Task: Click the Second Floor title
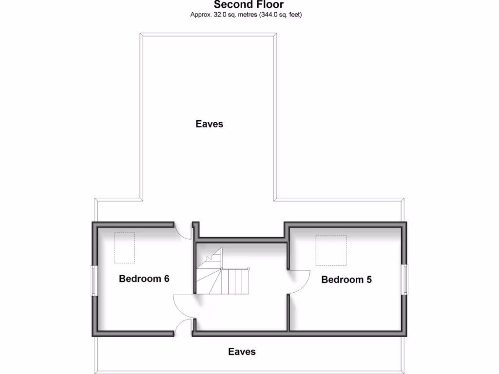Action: (x=249, y=4)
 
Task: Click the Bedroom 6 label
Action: (x=144, y=279)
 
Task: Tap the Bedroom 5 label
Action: (x=346, y=280)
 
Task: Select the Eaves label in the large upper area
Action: (x=210, y=124)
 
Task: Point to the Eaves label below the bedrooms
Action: (x=242, y=352)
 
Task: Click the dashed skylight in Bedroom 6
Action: (x=125, y=247)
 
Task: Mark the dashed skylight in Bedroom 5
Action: (x=331, y=250)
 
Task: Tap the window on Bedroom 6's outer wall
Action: (x=94, y=280)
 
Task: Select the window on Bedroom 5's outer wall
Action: (x=404, y=279)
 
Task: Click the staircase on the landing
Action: (x=223, y=277)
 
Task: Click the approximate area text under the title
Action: (x=246, y=15)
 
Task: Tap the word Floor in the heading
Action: (x=269, y=4)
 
